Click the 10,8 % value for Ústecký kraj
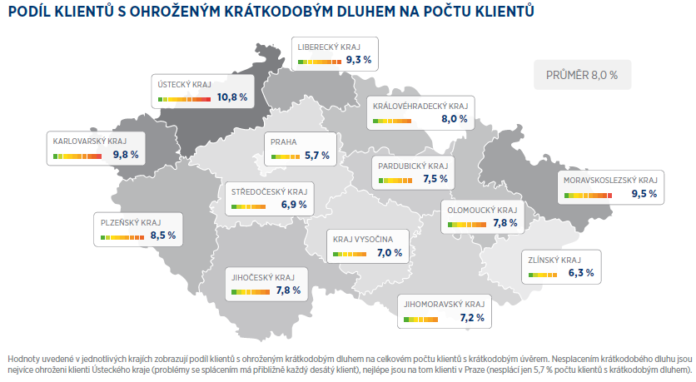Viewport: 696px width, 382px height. (232, 97)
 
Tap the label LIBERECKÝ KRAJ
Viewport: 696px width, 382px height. (329, 47)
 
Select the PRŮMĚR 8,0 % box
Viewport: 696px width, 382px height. (582, 75)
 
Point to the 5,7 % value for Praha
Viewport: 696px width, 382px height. (317, 156)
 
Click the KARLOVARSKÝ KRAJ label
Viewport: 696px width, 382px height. (90, 141)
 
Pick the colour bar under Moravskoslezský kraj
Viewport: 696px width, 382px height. (588, 196)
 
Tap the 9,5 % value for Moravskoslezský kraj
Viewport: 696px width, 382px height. (644, 194)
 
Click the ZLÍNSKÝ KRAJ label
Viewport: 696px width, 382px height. (554, 260)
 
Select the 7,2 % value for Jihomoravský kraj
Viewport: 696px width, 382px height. (472, 318)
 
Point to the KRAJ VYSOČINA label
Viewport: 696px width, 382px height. (363, 240)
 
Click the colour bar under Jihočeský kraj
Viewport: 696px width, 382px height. (251, 292)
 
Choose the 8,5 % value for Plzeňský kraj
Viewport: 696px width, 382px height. (163, 236)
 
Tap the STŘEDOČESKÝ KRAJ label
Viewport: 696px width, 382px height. (270, 192)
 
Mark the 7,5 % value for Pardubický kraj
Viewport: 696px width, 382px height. (435, 179)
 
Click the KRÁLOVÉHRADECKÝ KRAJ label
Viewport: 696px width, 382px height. (420, 107)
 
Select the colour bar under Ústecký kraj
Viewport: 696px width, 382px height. (184, 99)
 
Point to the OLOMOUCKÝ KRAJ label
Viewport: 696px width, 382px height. (483, 211)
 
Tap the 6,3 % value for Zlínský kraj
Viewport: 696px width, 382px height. (581, 273)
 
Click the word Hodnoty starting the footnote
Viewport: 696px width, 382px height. (22, 359)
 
